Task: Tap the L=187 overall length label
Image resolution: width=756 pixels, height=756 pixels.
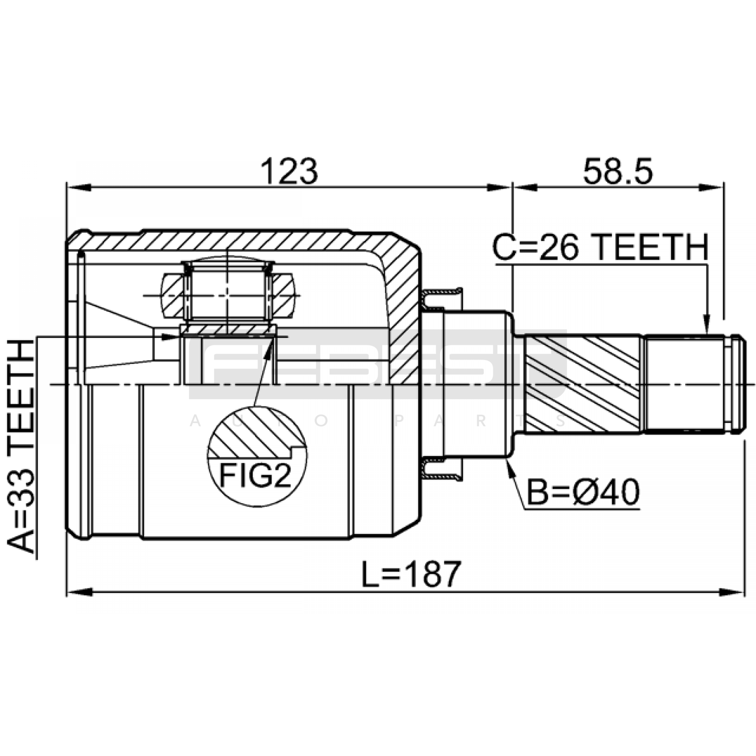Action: point(411,574)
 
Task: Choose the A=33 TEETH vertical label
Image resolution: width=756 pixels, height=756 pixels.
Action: point(22,447)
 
